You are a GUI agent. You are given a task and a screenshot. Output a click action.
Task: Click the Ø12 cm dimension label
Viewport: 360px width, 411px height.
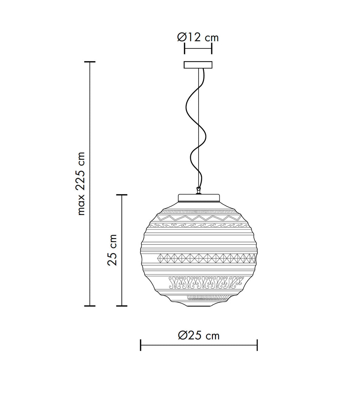tap(198, 37)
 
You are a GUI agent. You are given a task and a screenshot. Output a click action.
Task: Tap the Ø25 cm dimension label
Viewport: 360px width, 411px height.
tap(199, 335)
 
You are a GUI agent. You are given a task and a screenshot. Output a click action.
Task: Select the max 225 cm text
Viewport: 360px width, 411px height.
tap(81, 183)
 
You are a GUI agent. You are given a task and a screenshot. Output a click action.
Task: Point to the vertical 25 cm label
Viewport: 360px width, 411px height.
tap(112, 250)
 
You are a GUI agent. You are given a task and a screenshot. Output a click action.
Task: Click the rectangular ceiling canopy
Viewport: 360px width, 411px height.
tap(198, 65)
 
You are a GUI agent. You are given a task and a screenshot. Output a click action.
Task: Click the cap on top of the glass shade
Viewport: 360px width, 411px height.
tap(199, 198)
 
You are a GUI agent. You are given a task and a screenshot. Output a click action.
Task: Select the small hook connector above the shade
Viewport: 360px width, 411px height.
tap(199, 190)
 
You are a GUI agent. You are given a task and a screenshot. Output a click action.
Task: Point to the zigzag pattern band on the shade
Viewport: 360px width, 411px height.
tap(199, 218)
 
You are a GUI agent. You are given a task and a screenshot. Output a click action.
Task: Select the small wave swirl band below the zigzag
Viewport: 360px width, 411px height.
tap(199, 225)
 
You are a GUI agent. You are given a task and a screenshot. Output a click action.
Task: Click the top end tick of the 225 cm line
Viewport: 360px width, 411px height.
tap(90, 62)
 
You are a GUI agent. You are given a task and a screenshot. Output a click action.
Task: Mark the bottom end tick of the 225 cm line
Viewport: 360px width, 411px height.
tap(90, 306)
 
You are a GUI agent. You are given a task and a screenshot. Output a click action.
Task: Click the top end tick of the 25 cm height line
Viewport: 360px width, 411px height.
tap(122, 195)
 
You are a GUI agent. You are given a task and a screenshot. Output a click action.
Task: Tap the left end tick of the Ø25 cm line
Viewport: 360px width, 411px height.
tap(141, 345)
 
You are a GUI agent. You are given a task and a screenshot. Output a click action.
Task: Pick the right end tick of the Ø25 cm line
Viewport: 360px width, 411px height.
tap(257, 345)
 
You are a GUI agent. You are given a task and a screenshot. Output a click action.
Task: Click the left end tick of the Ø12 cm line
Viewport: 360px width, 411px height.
tap(185, 48)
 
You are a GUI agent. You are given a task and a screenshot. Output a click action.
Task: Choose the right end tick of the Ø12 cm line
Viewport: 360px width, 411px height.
tap(212, 48)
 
